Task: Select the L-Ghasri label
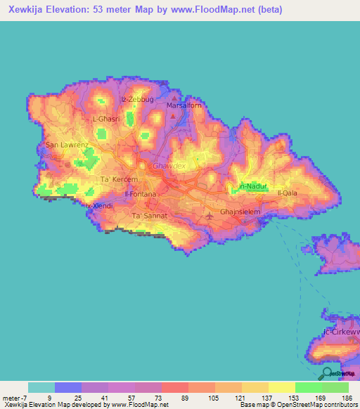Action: (108, 119)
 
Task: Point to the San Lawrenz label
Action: (67, 145)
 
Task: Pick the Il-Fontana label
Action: (140, 193)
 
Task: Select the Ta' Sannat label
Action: (150, 216)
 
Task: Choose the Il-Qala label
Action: (288, 193)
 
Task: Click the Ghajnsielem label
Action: (241, 211)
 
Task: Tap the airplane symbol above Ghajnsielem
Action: (209, 214)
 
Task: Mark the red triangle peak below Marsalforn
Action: (173, 115)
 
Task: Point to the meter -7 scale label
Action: (15, 398)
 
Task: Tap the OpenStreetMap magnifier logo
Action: (326, 372)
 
